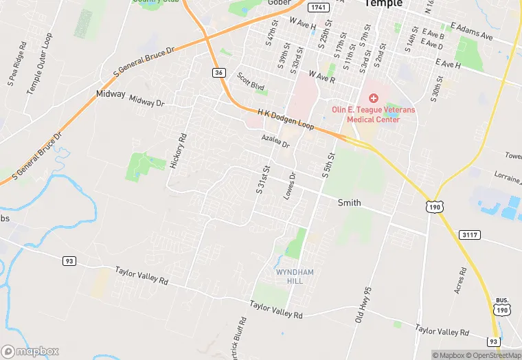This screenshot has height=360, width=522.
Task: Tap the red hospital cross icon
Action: click(x=374, y=99)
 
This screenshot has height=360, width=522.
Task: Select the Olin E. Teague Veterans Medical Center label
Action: click(x=365, y=114)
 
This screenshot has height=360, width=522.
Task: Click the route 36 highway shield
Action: click(x=218, y=72)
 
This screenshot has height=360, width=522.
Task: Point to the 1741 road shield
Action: click(x=317, y=7)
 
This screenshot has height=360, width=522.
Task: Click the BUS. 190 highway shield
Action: click(x=501, y=306)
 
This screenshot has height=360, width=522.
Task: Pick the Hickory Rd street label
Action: click(x=178, y=151)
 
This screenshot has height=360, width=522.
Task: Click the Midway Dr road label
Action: click(x=147, y=102)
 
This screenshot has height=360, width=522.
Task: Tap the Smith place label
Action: click(x=350, y=203)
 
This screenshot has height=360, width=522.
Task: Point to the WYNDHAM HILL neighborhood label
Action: click(x=295, y=277)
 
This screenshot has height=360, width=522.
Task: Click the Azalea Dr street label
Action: click(x=275, y=142)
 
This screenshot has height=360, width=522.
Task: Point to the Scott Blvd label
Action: click(x=251, y=82)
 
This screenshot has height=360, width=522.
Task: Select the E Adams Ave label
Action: click(x=472, y=31)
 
